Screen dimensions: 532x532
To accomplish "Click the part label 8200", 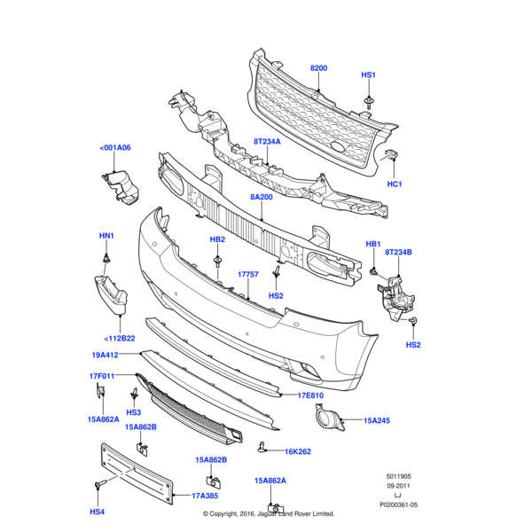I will [x=318, y=68].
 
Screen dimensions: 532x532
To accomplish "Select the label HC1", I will [x=395, y=184].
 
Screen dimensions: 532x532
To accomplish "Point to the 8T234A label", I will [x=266, y=142].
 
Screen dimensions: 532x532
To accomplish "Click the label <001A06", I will [x=115, y=148].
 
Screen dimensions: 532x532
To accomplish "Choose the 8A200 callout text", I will [x=261, y=197].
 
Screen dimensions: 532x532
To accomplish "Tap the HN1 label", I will [x=106, y=236].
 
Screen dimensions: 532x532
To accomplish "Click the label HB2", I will [x=217, y=239].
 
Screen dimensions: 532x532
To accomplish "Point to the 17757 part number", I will [x=247, y=275].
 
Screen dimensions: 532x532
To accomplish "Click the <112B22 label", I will [x=119, y=338].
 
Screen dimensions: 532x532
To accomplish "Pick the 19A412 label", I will [x=104, y=355].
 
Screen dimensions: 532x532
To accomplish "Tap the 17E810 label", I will [x=310, y=395].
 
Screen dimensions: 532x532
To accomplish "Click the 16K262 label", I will [x=298, y=451].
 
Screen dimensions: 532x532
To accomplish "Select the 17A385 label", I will [x=206, y=497].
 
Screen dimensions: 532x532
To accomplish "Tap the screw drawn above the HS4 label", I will [x=98, y=485].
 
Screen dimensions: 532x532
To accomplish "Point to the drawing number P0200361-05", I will [x=397, y=505].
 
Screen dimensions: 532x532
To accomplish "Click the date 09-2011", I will [x=397, y=486].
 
